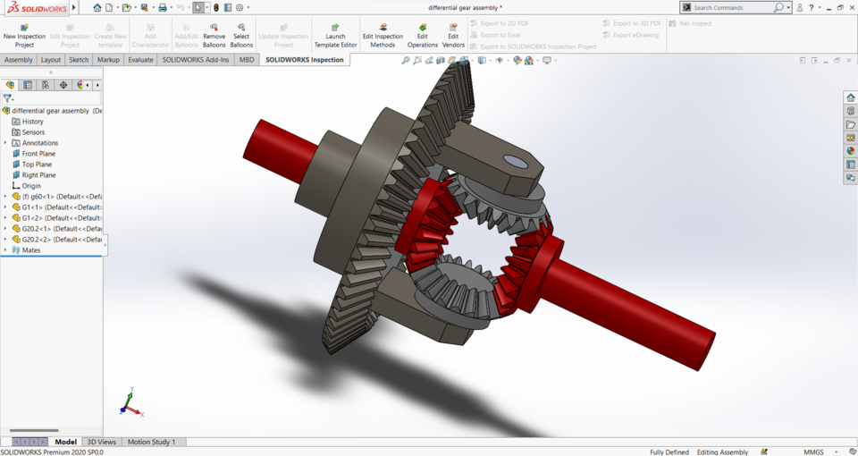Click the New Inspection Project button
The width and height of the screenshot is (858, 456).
tap(24, 36)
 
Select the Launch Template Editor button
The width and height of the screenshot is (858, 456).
tap(335, 36)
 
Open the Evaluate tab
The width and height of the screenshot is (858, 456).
tap(140, 60)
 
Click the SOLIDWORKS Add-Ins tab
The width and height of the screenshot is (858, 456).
tap(195, 60)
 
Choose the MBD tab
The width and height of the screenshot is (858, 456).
tap(247, 60)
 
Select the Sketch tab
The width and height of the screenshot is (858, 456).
tap(79, 60)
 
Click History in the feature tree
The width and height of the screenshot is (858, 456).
tap(32, 122)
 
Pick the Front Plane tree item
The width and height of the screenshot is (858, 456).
tap(38, 154)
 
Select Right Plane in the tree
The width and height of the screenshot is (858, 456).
tap(38, 175)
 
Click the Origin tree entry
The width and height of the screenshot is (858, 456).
tap(31, 186)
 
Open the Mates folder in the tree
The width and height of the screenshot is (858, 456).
tap(30, 250)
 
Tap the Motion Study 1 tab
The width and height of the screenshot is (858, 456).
tap(151, 442)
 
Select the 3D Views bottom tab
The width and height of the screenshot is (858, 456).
tap(101, 442)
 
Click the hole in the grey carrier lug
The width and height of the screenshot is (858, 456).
tap(514, 162)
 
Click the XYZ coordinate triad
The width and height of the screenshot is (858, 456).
tap(130, 405)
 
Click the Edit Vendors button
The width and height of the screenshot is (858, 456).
tap(453, 36)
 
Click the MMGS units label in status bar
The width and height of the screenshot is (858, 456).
tap(813, 452)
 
